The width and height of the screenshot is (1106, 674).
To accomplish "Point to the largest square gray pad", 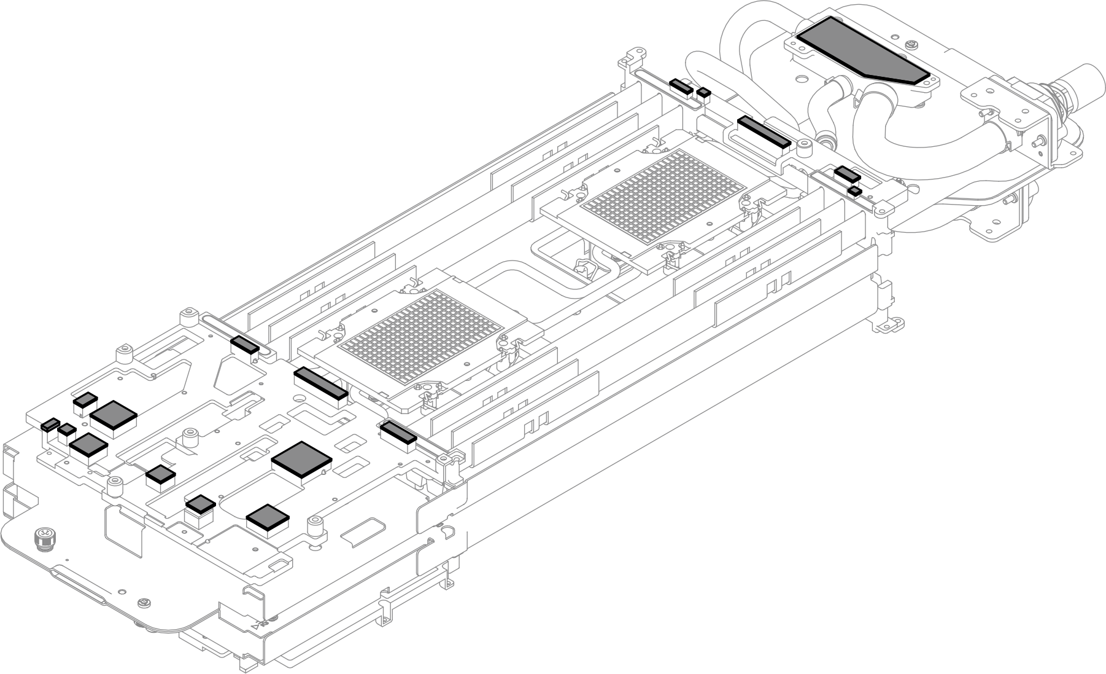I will coord(301,458).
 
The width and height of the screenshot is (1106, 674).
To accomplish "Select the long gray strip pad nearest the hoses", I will coord(764,130).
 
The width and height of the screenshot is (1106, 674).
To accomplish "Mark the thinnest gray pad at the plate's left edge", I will coord(50,424).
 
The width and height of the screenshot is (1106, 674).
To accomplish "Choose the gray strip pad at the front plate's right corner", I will coord(398,432).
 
